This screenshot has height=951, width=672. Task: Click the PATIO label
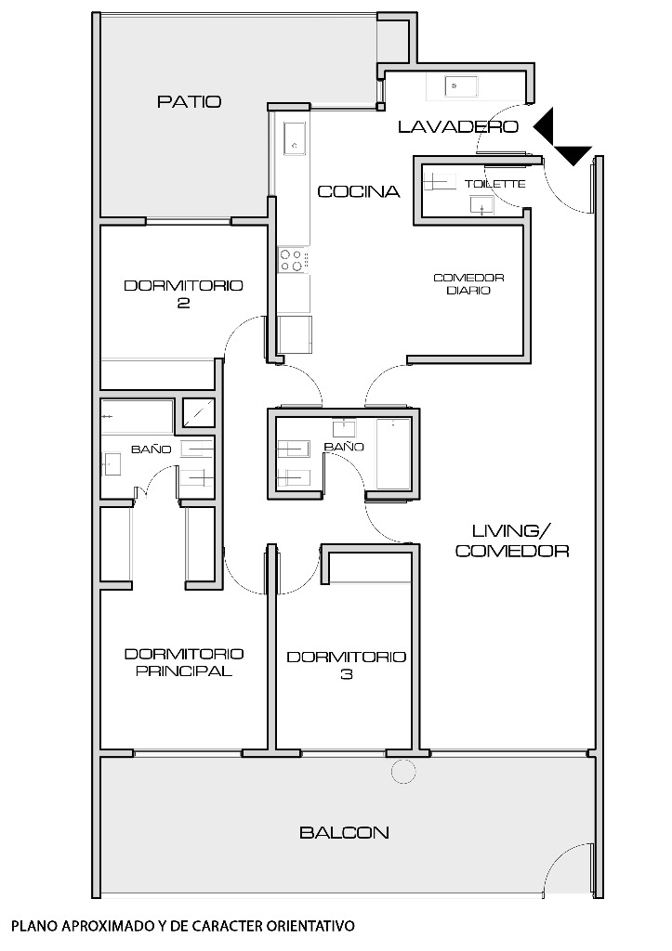tap(189, 101)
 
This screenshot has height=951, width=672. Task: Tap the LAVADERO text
tap(458, 126)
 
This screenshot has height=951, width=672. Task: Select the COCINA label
tap(359, 191)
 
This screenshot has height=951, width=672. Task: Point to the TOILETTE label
tap(494, 184)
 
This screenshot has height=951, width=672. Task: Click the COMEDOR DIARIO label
tap(468, 284)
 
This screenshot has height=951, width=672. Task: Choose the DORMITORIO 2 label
tap(183, 293)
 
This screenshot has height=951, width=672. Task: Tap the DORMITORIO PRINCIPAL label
tap(184, 661)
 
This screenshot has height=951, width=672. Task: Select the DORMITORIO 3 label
tap(346, 665)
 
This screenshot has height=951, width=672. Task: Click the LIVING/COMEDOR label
tap(512, 541)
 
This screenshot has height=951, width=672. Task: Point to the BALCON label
tap(344, 832)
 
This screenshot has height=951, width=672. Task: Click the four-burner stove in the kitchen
tap(293, 260)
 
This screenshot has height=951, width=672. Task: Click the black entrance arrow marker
tap(561, 137)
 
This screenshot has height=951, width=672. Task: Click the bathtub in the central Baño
tap(393, 453)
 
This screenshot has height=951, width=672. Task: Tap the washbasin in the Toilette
tap(482, 205)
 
